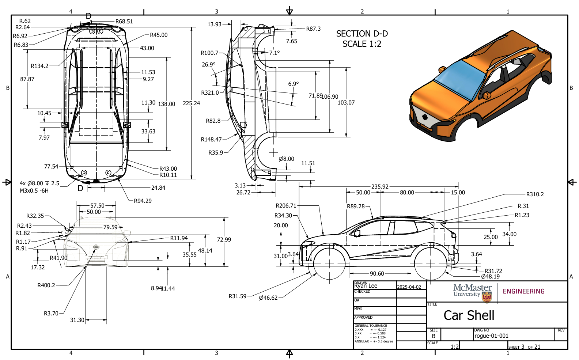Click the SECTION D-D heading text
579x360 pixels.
click(x=362, y=34)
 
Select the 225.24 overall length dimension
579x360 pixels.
click(x=191, y=103)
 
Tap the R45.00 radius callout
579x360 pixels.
click(x=159, y=35)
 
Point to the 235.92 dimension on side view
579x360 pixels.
click(x=380, y=186)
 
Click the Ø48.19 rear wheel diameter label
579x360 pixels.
click(x=490, y=277)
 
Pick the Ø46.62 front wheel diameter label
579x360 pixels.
click(x=268, y=298)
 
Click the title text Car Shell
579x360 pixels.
click(x=469, y=315)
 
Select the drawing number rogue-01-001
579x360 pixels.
click(x=491, y=336)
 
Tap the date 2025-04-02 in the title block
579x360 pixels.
click(x=409, y=287)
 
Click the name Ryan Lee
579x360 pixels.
click(x=366, y=286)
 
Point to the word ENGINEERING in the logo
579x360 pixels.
click(x=523, y=291)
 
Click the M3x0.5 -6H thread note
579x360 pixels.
click(x=34, y=191)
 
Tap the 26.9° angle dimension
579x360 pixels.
click(x=208, y=65)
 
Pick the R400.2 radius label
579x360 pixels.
click(x=46, y=285)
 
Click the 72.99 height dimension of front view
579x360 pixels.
click(x=224, y=240)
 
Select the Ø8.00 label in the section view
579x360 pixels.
click(x=286, y=159)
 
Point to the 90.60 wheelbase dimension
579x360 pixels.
click(x=376, y=273)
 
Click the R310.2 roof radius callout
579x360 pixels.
click(x=535, y=194)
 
